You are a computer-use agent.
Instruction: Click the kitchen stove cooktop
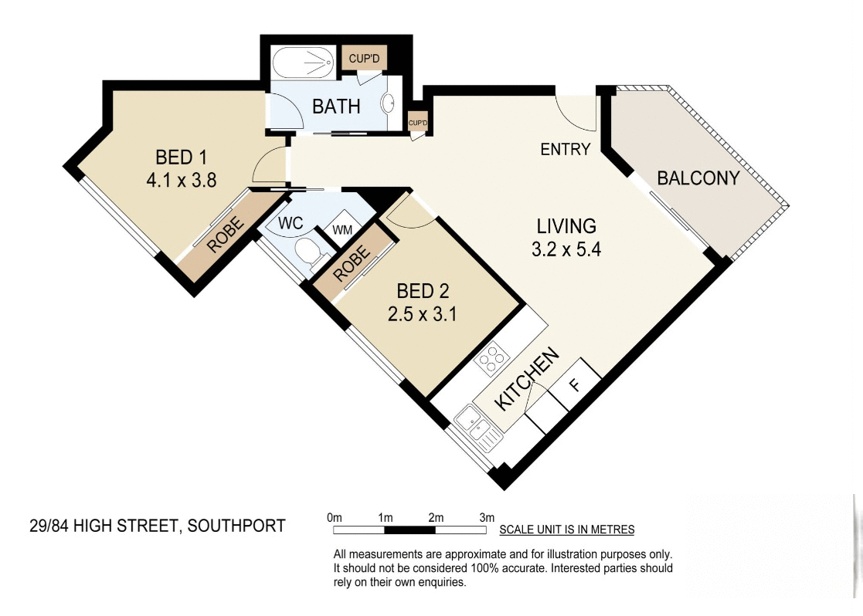[x=492, y=358]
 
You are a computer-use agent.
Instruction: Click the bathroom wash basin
[x=390, y=101]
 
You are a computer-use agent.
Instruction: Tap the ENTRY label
[x=565, y=150]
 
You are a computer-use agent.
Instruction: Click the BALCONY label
[x=698, y=178]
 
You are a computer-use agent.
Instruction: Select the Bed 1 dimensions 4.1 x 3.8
[x=180, y=180]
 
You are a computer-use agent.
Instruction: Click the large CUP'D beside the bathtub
[x=363, y=58]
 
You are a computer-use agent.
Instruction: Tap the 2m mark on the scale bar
[x=435, y=516]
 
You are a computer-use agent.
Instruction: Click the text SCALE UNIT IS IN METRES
[x=566, y=530]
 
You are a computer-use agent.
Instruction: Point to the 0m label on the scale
[x=334, y=516]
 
